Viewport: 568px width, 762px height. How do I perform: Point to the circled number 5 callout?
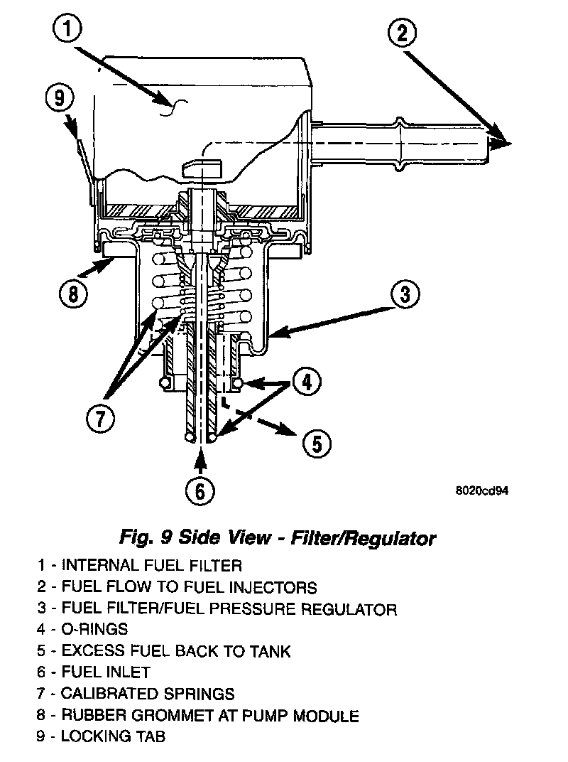click(317, 444)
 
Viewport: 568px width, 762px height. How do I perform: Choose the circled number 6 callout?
click(200, 490)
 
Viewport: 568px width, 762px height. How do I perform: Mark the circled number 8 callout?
click(74, 292)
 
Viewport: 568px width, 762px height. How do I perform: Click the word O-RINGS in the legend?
click(94, 629)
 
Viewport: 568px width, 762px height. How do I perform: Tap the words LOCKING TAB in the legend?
click(113, 736)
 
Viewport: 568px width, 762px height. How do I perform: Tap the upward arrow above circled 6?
click(200, 461)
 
